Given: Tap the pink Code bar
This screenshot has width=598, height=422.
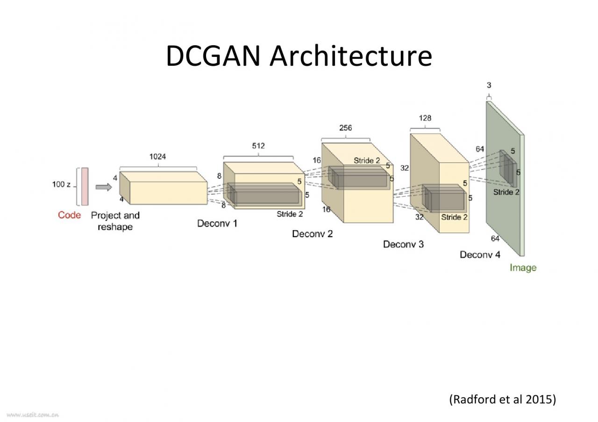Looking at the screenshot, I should (85, 186).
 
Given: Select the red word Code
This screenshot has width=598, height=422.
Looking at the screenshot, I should (69, 215).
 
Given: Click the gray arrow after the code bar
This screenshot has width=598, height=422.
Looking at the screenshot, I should (104, 187).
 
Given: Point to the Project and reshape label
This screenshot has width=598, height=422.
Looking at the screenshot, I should (115, 221).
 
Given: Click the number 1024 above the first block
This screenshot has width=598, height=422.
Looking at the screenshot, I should (157, 157).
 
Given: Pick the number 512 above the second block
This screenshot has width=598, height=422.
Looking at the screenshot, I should (258, 146).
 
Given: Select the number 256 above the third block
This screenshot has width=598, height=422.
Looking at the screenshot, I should (346, 128).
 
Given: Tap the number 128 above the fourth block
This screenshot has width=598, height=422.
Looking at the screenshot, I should (425, 118).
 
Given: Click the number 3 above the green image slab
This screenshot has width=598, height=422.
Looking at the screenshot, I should (489, 85).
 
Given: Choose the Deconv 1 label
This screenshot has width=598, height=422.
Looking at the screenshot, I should (217, 224).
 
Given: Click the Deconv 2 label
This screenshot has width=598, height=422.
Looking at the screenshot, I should (312, 234).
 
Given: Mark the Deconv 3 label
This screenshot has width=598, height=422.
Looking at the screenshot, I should (403, 244).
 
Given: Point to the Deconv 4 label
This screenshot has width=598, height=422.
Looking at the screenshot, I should (480, 255).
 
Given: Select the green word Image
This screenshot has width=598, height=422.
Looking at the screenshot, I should (523, 268).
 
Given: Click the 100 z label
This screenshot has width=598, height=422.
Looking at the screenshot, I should (61, 185).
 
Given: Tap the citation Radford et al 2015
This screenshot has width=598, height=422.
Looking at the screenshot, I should (503, 400).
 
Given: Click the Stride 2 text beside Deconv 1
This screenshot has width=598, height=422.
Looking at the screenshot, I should (290, 214).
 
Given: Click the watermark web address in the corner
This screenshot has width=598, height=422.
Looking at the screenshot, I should (33, 414).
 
